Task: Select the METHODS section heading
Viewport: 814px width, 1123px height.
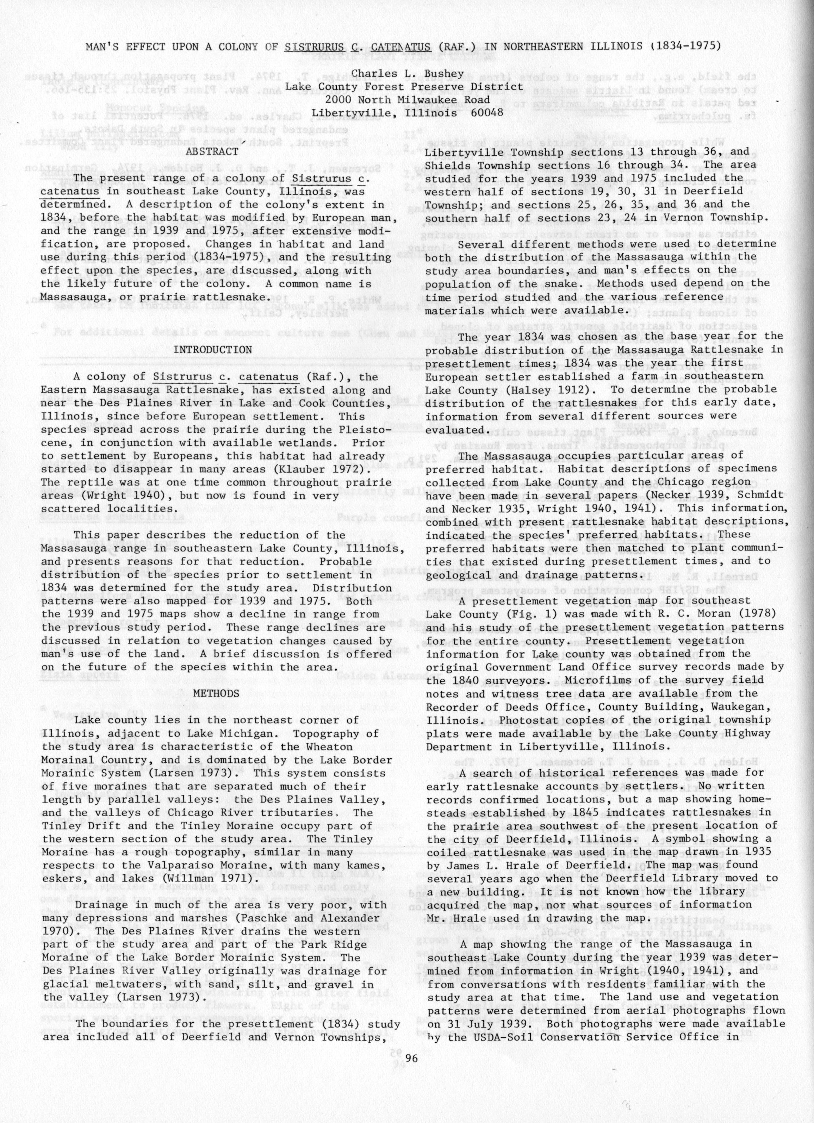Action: click(x=216, y=693)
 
